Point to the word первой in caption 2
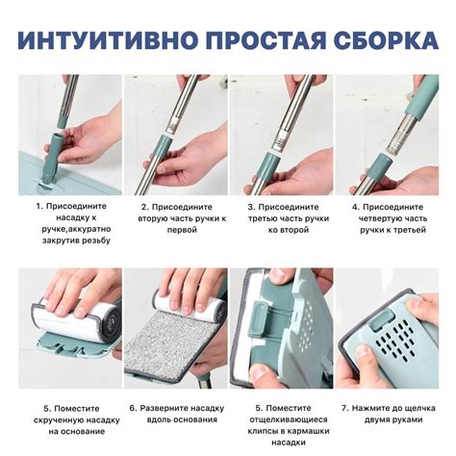coord(182,230)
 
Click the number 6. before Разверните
coord(134,408)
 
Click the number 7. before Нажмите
coord(345,408)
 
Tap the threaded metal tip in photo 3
coord(280,139)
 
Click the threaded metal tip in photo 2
coord(173,124)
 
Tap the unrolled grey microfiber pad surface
coord(169,346)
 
